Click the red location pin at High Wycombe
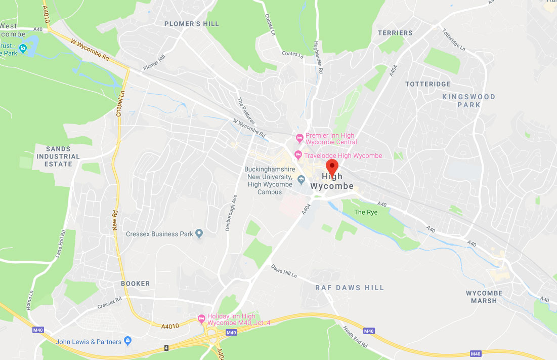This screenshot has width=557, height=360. pyautogui.click(x=332, y=167)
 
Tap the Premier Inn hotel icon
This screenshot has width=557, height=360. pyautogui.click(x=299, y=137)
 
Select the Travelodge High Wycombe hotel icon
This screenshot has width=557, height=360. pyautogui.click(x=298, y=155)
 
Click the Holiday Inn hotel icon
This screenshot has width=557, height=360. pyautogui.click(x=201, y=318)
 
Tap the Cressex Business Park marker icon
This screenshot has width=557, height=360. pyautogui.click(x=199, y=234)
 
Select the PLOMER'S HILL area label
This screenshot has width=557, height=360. pyautogui.click(x=192, y=24)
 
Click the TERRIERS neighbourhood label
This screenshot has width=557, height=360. pyautogui.click(x=395, y=33)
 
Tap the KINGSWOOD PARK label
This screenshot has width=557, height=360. pyautogui.click(x=468, y=101)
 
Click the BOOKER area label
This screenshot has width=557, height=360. pyautogui.click(x=135, y=284)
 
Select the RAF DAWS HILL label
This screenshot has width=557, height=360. pyautogui.click(x=350, y=288)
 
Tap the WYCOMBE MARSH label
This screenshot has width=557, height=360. pyautogui.click(x=484, y=297)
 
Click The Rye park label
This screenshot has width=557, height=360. pyautogui.click(x=366, y=212)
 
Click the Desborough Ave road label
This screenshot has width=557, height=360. pyautogui.click(x=231, y=214)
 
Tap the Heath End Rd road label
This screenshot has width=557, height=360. pyautogui.click(x=356, y=337)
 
